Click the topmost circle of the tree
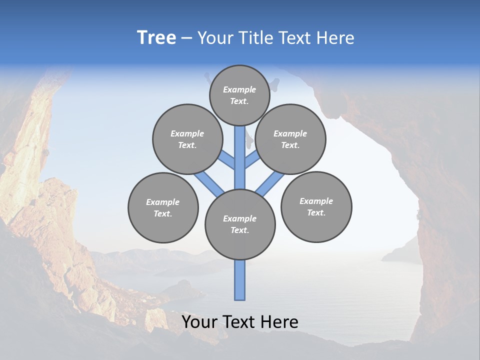[x=239, y=95]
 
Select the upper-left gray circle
[x=187, y=139]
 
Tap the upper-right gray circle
[x=290, y=139]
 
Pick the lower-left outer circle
[x=163, y=207]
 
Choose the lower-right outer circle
[x=316, y=206]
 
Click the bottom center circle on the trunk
[x=240, y=224]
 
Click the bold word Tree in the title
[x=156, y=38]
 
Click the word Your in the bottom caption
[x=199, y=322]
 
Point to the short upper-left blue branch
[x=226, y=159]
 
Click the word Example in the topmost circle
[x=239, y=89]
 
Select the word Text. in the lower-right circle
[x=316, y=212]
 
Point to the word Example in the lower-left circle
[x=163, y=202]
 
